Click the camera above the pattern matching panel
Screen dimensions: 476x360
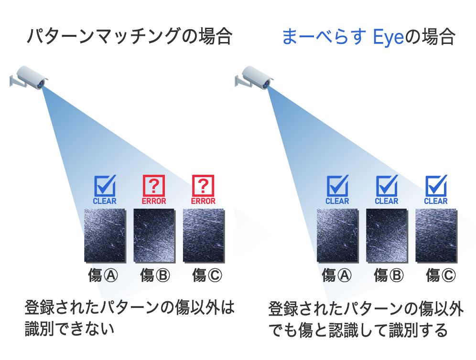[x=29, y=78]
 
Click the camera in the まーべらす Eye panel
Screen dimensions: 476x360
[x=254, y=78]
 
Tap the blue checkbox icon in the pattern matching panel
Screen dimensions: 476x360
[x=105, y=185]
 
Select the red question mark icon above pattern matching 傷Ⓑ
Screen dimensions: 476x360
[x=154, y=185]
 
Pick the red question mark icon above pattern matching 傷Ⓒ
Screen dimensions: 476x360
[x=203, y=185]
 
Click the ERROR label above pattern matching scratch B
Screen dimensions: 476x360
[x=154, y=201]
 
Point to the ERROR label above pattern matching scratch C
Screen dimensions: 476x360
[x=203, y=201]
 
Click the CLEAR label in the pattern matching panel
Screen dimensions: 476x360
[x=105, y=201]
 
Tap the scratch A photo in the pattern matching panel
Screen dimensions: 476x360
[x=105, y=235]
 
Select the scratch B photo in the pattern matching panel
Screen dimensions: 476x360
[x=154, y=235]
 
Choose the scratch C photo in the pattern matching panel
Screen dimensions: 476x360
[x=204, y=235]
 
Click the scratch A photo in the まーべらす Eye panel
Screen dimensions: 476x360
[x=338, y=235]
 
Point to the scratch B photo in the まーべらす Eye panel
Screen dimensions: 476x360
[x=387, y=235]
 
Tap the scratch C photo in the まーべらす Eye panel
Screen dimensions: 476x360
[x=436, y=235]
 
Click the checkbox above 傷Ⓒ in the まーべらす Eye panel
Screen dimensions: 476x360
[x=436, y=185]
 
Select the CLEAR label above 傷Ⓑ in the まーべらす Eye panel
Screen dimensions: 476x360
[x=387, y=201]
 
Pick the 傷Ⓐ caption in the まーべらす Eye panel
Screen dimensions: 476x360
[x=336, y=275]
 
